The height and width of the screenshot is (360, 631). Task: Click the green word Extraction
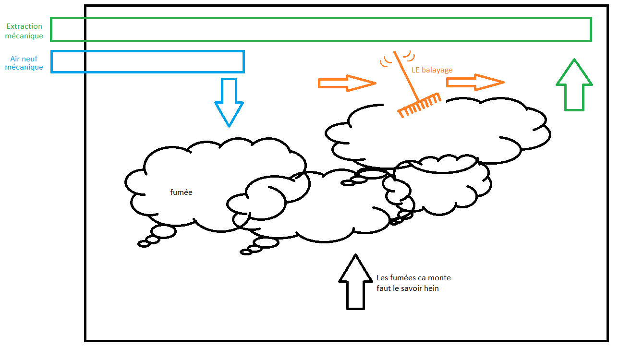24,26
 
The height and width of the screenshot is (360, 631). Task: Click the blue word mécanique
24,68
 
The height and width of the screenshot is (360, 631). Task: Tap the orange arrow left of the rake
346,83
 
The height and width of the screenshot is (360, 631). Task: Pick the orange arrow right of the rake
475,83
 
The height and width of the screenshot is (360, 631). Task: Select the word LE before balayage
416,70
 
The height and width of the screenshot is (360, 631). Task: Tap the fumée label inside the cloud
181,192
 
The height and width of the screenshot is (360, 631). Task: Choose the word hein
431,288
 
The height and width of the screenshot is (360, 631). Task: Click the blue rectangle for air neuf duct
147,61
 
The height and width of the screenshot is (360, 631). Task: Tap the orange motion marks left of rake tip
385,61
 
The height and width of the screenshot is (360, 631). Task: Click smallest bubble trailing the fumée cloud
144,244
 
